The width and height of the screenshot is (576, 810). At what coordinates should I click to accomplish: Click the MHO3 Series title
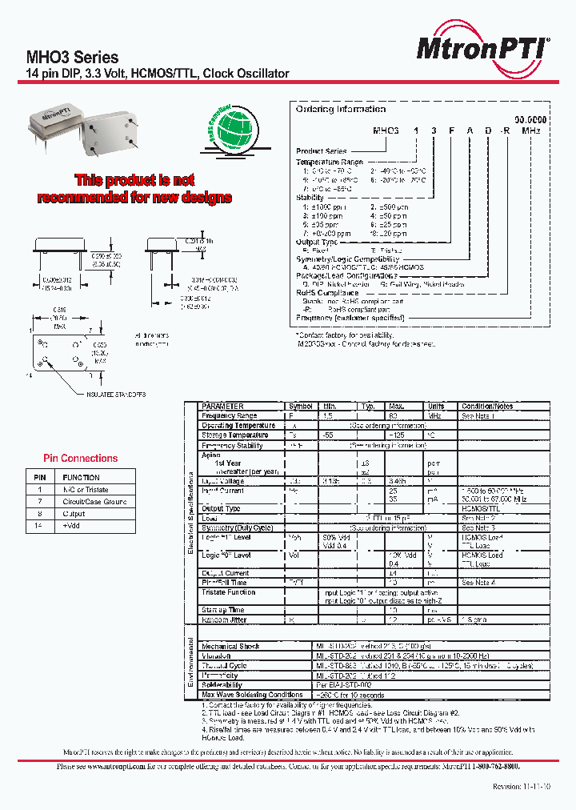point(73,58)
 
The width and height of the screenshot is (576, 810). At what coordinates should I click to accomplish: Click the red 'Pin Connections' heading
point(80,459)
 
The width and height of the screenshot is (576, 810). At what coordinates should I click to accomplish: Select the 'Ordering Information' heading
point(340,109)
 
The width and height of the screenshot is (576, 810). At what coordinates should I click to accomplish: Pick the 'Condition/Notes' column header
point(487,407)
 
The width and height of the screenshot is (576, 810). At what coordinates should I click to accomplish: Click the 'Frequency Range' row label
point(230,416)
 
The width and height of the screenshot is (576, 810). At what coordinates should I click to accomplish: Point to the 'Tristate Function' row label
point(229,592)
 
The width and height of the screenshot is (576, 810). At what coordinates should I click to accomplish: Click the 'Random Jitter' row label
point(225,620)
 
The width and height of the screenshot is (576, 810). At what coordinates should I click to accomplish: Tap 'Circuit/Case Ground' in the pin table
point(94,502)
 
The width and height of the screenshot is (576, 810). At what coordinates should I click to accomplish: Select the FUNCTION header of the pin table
point(81,477)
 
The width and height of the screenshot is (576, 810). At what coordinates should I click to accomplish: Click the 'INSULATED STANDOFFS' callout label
point(117,395)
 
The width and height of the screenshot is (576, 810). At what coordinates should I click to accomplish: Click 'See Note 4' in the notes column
point(478,583)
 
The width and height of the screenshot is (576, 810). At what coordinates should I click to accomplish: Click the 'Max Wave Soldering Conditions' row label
point(252,694)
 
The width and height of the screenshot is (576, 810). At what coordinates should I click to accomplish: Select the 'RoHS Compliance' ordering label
point(328,292)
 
